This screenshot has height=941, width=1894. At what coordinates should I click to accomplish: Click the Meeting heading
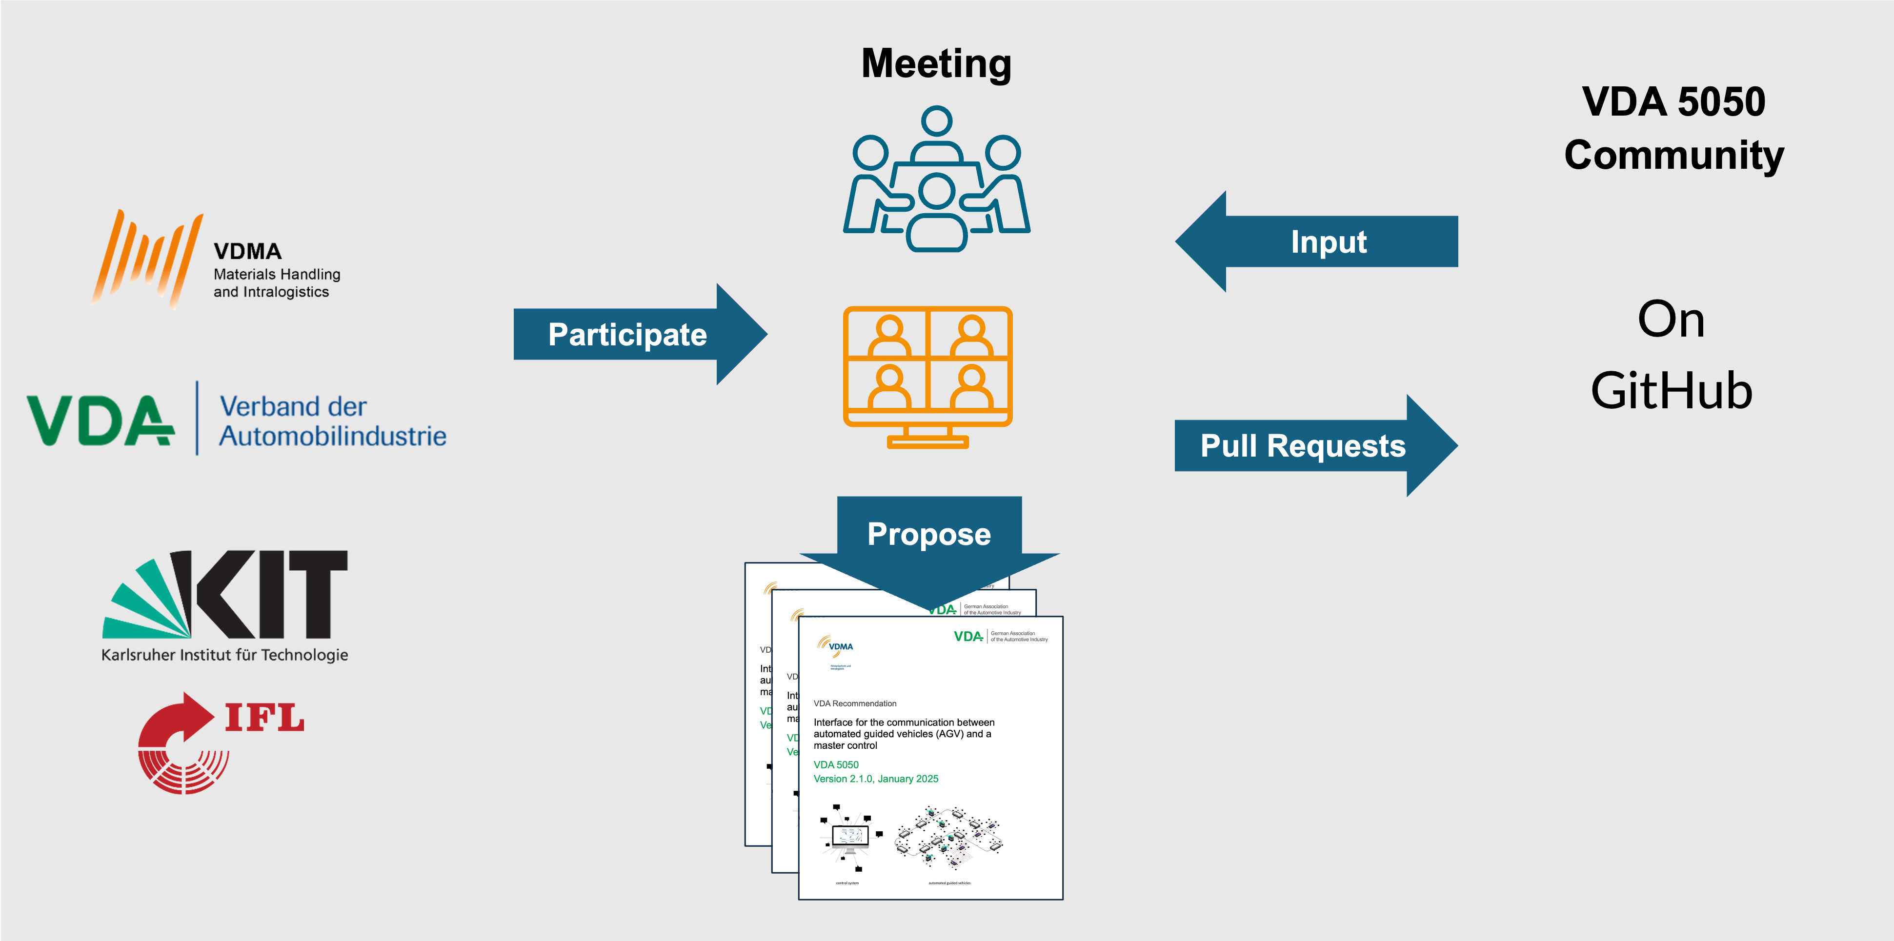click(x=936, y=63)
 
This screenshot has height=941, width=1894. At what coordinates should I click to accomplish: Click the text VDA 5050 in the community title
click(x=1673, y=101)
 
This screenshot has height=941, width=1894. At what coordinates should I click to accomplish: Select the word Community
click(x=1673, y=155)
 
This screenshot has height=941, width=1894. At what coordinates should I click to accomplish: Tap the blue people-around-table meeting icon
click(x=936, y=180)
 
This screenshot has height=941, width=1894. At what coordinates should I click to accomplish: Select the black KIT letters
click(x=265, y=594)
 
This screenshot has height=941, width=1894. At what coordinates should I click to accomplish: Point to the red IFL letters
click(x=265, y=718)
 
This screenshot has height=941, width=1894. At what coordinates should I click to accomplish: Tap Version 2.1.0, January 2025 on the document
click(x=876, y=779)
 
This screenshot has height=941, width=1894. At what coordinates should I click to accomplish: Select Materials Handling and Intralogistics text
click(x=277, y=283)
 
